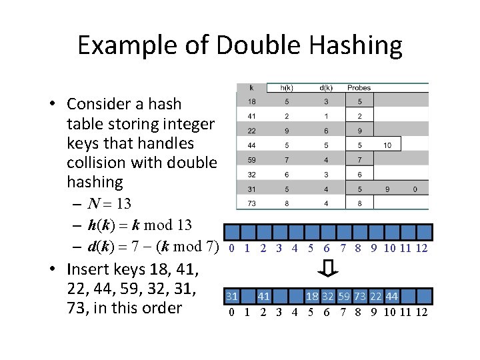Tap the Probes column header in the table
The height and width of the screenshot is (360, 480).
point(359,87)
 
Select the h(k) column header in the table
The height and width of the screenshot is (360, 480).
point(287,87)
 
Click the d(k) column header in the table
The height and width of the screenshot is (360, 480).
point(327,87)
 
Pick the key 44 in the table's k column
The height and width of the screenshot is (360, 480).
point(251,145)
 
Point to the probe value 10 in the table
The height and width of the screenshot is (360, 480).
point(387,145)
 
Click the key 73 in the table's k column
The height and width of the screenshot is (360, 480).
point(251,204)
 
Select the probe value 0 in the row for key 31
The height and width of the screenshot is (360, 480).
point(415,189)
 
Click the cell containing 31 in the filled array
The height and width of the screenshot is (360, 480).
point(231,296)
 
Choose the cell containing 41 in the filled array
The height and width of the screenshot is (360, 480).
point(264,296)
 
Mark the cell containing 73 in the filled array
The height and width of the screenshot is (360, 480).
point(359,296)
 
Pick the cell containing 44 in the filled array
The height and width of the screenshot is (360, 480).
point(392,296)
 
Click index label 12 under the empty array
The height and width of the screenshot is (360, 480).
point(421,249)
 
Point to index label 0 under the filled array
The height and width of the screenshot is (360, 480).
point(231,312)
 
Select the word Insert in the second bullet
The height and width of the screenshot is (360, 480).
point(90,269)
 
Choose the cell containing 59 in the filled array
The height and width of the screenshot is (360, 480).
point(343,296)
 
